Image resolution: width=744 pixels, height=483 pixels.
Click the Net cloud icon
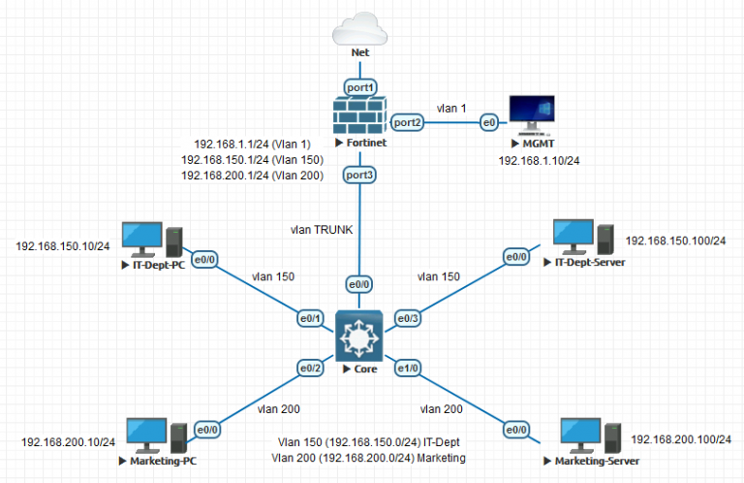coord(359,26)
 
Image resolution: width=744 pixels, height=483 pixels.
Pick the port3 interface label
coord(359,175)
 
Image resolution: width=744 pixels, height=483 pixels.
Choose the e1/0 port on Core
coord(407,369)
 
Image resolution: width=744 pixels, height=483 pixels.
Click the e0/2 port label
coord(310,368)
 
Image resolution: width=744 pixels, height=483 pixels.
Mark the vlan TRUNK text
coord(322,230)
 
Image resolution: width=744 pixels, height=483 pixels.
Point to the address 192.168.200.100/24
coord(681,439)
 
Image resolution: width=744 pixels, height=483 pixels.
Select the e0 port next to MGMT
coord(490,122)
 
